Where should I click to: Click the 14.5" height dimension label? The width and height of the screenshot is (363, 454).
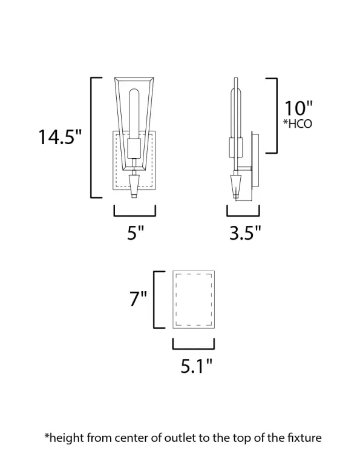pyautogui.click(x=60, y=137)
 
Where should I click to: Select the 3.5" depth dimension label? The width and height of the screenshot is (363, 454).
pyautogui.click(x=245, y=232)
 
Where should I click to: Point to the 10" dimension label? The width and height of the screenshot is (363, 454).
pyautogui.click(x=298, y=108)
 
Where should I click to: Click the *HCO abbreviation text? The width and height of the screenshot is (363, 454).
pyautogui.click(x=298, y=124)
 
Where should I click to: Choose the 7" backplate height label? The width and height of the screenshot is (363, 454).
pyautogui.click(x=138, y=298)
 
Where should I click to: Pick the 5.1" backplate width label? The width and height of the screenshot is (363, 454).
pyautogui.click(x=197, y=366)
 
